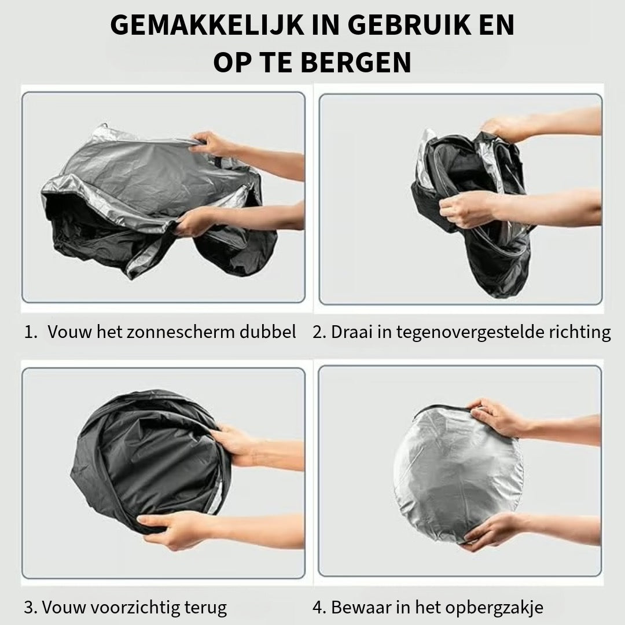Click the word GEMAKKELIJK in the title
point(207,25)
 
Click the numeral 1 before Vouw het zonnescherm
point(30,332)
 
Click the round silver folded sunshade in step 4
point(458,475)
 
